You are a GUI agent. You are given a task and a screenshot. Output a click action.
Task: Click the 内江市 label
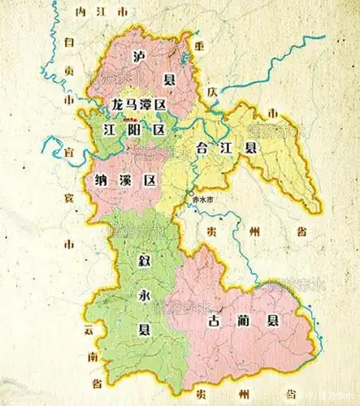coord(100,14)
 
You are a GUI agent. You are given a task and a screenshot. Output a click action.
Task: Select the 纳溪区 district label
coord(124,179)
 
